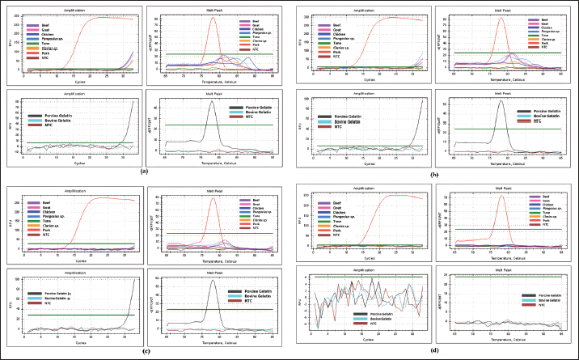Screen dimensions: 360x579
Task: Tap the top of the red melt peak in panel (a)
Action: coord(213,18)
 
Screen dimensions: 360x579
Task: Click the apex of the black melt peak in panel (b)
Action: coord(501,100)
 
